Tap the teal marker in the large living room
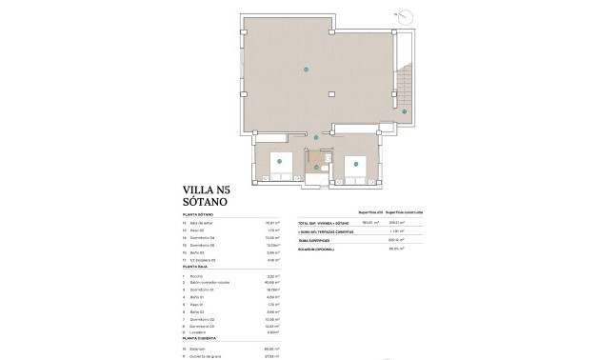click(x=306, y=70)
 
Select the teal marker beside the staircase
click(x=404, y=111)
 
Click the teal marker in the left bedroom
click(x=279, y=163)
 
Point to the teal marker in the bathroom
click(x=317, y=168)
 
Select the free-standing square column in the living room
click(x=331, y=93)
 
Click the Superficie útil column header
click(x=369, y=212)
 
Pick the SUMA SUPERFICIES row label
click(x=317, y=239)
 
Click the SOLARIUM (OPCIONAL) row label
click(x=320, y=248)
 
